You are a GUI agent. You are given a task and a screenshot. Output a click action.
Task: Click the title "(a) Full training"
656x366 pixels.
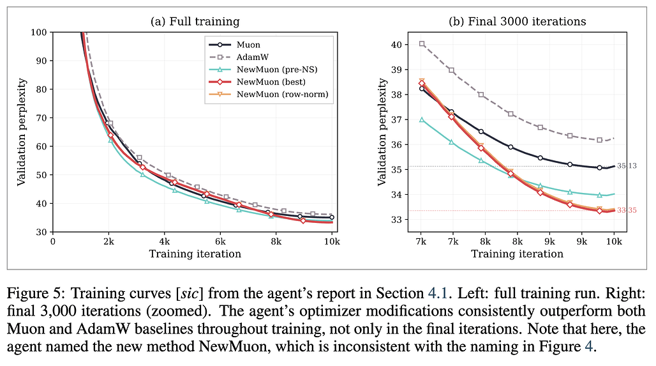click(195, 22)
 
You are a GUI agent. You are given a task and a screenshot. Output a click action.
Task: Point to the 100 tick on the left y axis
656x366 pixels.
click(39, 32)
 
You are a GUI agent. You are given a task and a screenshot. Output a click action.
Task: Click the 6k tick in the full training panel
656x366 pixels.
click(220, 241)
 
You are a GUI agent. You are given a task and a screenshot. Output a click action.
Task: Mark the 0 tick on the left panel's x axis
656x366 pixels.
click(53, 241)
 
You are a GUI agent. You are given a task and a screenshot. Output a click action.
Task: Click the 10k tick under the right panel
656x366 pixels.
click(614, 241)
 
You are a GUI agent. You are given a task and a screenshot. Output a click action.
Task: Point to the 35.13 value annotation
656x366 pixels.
click(627, 166)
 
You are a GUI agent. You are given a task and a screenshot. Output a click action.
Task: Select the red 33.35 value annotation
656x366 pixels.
click(627, 210)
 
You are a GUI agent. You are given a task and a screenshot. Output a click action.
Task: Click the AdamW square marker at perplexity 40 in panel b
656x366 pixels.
click(422, 44)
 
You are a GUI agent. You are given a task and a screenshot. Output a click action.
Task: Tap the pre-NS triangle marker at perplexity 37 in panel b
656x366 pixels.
click(422, 119)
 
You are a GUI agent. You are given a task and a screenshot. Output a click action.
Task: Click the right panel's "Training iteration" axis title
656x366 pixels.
click(518, 254)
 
